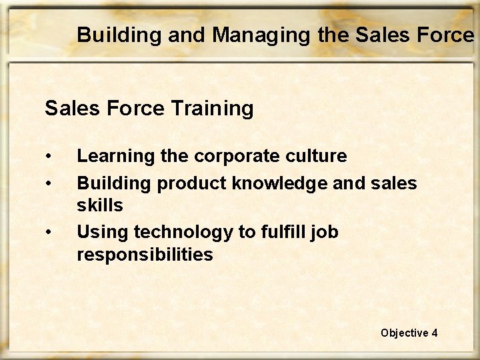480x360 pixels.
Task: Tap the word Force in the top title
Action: (446, 35)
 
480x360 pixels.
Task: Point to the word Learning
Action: (115, 157)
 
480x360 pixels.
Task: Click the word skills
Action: (100, 205)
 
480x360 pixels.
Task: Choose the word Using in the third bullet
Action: (103, 233)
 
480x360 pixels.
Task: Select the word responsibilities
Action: (145, 255)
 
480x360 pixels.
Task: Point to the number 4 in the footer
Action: (435, 333)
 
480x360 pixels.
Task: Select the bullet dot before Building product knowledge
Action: (49, 183)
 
